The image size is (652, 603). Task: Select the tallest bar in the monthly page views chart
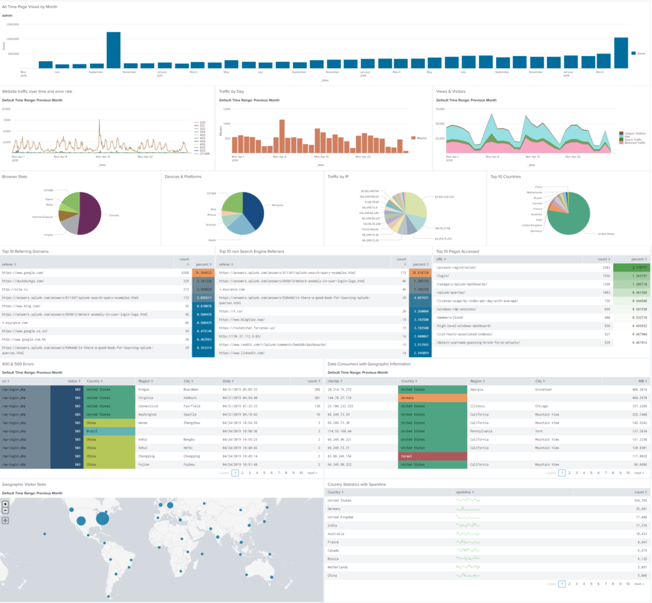(113, 50)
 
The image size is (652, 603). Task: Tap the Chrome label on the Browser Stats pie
(114, 215)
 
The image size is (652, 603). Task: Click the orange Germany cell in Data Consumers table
(431, 397)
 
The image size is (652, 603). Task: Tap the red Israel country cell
(431, 456)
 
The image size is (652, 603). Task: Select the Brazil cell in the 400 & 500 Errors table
(110, 431)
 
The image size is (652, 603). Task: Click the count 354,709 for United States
(637, 500)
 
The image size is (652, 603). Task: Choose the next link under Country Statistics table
(639, 584)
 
